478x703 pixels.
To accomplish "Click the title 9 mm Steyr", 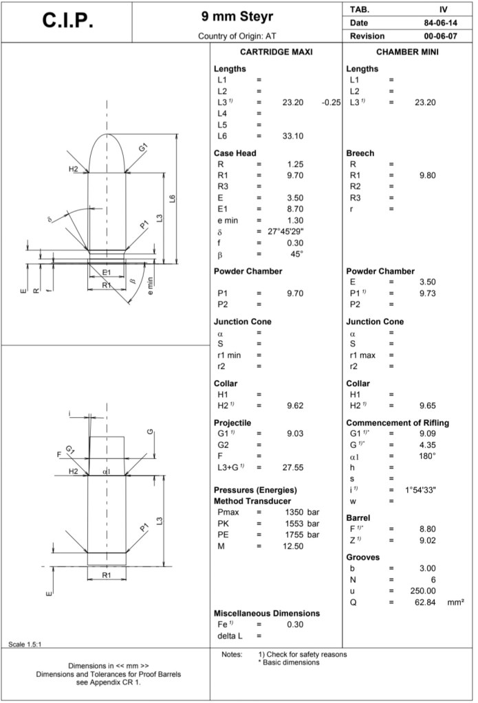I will [237, 15].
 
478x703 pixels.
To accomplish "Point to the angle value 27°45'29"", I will [285, 232].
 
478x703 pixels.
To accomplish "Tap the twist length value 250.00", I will [422, 591].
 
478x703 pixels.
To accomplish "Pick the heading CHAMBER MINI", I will [408, 52].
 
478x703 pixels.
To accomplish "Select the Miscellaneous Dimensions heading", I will [267, 613].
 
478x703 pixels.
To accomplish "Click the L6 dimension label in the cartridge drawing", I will [173, 199].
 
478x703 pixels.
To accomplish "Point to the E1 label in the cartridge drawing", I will [107, 273].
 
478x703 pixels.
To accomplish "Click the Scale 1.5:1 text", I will [25, 644].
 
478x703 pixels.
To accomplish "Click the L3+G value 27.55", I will [292, 467].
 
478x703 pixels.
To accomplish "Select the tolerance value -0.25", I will [332, 102].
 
